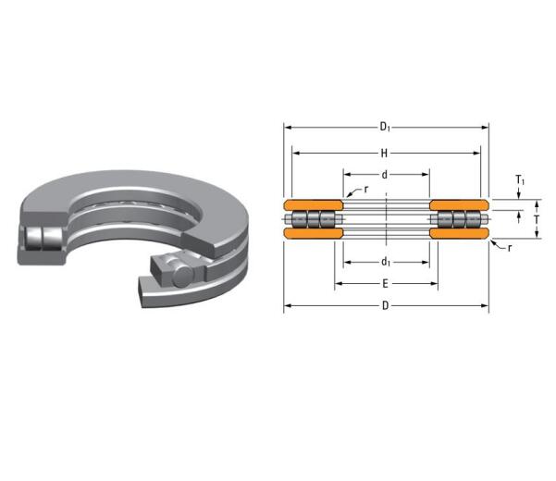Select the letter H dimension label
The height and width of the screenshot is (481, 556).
pyautogui.click(x=386, y=151)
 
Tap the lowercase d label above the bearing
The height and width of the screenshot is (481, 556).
pyautogui.click(x=386, y=174)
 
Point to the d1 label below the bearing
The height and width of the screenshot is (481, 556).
pyautogui.click(x=386, y=262)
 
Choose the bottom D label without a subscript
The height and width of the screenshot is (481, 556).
pyautogui.click(x=386, y=306)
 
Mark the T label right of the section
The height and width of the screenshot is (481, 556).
pyautogui.click(x=536, y=219)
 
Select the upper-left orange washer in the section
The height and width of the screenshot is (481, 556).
pyautogui.click(x=313, y=203)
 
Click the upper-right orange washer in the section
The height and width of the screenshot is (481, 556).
pyautogui.click(x=459, y=203)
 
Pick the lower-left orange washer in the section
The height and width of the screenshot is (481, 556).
pyautogui.click(x=313, y=234)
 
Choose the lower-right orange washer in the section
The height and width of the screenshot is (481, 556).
pyautogui.click(x=459, y=234)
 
